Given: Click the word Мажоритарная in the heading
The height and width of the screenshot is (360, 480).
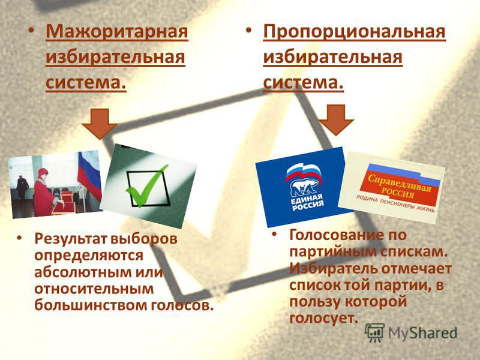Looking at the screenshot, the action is point(116,32).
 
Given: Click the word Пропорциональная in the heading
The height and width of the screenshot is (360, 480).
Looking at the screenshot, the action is point(354,32).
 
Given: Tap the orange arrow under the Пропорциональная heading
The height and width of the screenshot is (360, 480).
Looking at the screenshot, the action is point(337,119).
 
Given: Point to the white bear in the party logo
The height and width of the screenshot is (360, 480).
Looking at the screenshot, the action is point(305,187).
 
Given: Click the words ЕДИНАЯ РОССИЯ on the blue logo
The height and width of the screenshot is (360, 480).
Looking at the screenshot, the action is point(307,203).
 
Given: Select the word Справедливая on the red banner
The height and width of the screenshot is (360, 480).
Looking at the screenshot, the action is point(400,183).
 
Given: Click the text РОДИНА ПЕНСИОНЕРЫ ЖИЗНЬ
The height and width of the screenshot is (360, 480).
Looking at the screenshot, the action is point(395,204).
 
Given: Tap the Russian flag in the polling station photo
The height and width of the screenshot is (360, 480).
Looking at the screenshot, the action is point(89,175).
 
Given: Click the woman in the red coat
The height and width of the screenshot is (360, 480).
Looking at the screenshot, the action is point(45,192).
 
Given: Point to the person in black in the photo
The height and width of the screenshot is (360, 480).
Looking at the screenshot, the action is point(22,187).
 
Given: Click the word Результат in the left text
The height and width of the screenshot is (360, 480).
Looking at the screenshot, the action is point(70,239).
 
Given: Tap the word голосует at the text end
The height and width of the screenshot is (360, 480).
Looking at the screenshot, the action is point(323,318).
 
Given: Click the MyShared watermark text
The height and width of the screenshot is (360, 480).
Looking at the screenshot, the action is point(423,333).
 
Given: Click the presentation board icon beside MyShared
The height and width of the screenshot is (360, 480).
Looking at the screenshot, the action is point(374,332).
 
